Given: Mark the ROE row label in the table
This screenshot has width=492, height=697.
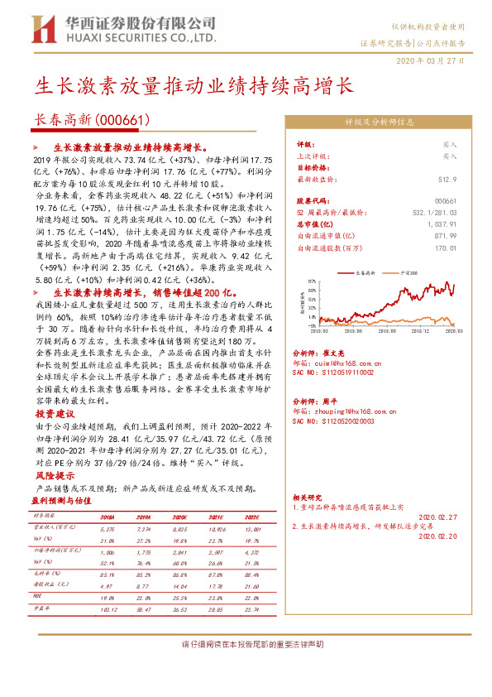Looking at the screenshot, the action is [37, 594].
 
